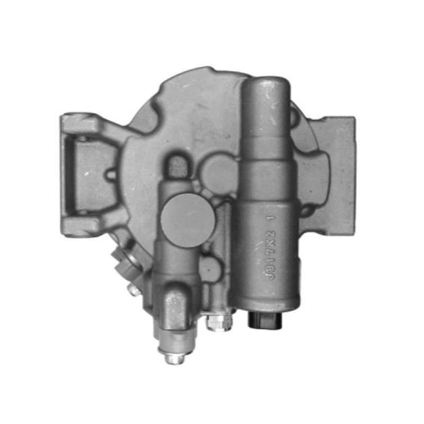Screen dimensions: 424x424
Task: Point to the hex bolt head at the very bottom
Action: [x=174, y=358]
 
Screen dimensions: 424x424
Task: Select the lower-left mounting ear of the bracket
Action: [x=79, y=225]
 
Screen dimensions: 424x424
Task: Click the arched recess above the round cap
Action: [x=176, y=165]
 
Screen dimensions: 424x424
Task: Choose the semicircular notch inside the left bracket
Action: [x=111, y=174]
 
